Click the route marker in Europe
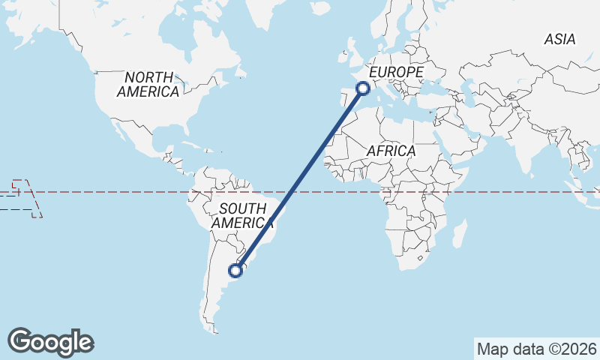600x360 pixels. (363, 88)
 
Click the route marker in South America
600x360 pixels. (236, 270)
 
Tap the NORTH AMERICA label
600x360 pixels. (148, 84)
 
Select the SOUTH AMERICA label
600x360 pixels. (242, 215)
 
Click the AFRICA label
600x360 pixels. (391, 151)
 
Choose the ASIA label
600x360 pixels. (559, 39)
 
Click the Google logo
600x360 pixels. (50, 341)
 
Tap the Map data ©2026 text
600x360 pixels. (537, 349)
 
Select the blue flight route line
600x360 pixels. (300, 179)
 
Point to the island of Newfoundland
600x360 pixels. (240, 73)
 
